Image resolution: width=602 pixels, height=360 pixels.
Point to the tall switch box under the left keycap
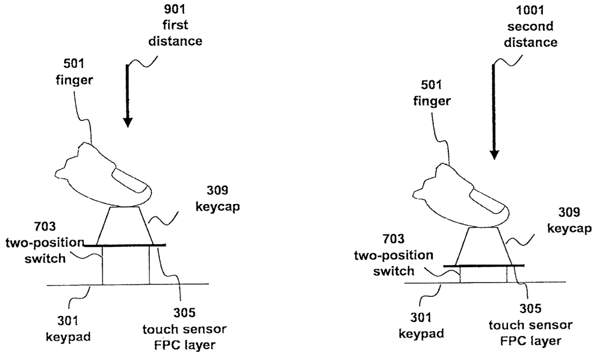pyautogui.click(x=125, y=265)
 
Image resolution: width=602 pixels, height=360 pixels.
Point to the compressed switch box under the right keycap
pyautogui.click(x=483, y=275)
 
